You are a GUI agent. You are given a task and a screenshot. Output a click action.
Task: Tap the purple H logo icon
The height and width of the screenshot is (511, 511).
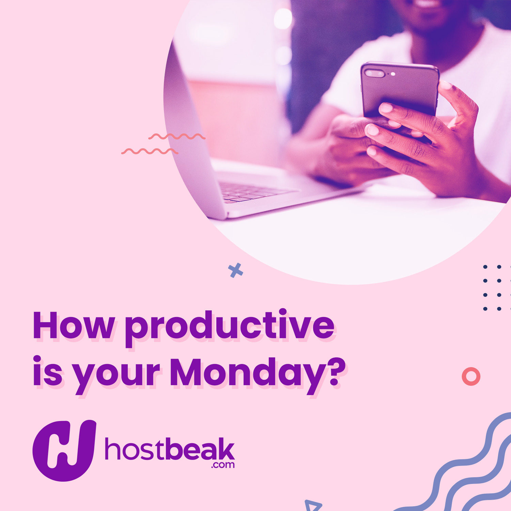pyautogui.click(x=64, y=450)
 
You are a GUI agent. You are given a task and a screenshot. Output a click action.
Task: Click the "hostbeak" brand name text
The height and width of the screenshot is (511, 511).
pyautogui.click(x=170, y=449)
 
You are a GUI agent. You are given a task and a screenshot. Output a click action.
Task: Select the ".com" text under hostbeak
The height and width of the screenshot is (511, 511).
pyautogui.click(x=223, y=465)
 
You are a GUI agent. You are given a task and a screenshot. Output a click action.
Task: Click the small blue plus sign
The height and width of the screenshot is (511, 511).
pyautogui.click(x=235, y=270)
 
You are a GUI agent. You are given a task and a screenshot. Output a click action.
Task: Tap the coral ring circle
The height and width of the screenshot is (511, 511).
pyautogui.click(x=471, y=376)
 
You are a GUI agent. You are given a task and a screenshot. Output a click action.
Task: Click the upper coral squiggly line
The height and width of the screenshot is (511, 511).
pyautogui.click(x=177, y=137)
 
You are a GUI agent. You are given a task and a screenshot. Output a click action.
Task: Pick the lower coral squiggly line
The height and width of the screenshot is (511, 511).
pyautogui.click(x=150, y=151)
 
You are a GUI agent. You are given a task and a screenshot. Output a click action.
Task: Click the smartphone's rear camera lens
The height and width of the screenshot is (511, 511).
pyautogui.click(x=374, y=73)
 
